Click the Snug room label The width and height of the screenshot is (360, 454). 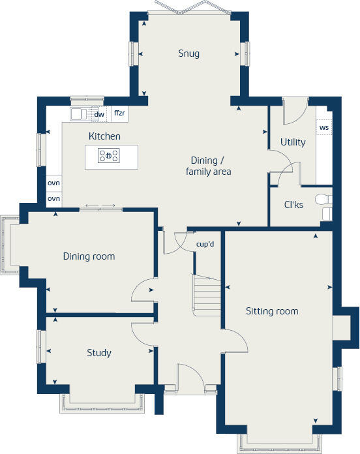(x=190, y=53)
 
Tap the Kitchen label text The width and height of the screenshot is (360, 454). (x=104, y=136)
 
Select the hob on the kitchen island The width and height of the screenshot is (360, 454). (x=108, y=155)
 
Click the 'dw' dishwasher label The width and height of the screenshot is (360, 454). (x=99, y=114)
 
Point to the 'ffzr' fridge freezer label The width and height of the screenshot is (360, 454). (x=119, y=113)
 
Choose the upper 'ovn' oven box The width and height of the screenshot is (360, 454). (x=53, y=183)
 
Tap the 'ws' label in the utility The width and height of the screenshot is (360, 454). (x=323, y=128)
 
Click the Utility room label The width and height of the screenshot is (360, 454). (x=293, y=142)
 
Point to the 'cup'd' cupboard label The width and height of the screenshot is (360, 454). (x=205, y=245)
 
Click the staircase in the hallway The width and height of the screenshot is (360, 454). (x=205, y=294)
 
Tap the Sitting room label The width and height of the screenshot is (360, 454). (x=272, y=311)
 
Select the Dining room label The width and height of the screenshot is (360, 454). (x=89, y=256)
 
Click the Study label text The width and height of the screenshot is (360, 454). (x=99, y=353)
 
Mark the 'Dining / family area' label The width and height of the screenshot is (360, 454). (x=209, y=166)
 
